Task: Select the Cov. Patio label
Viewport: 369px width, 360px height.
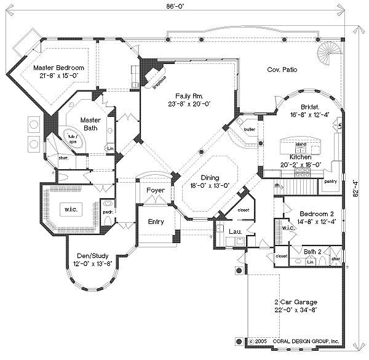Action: (282, 70)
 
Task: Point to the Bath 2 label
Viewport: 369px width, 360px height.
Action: (312, 251)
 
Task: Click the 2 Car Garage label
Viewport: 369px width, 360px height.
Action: (296, 302)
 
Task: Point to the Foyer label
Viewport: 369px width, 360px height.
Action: (154, 191)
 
